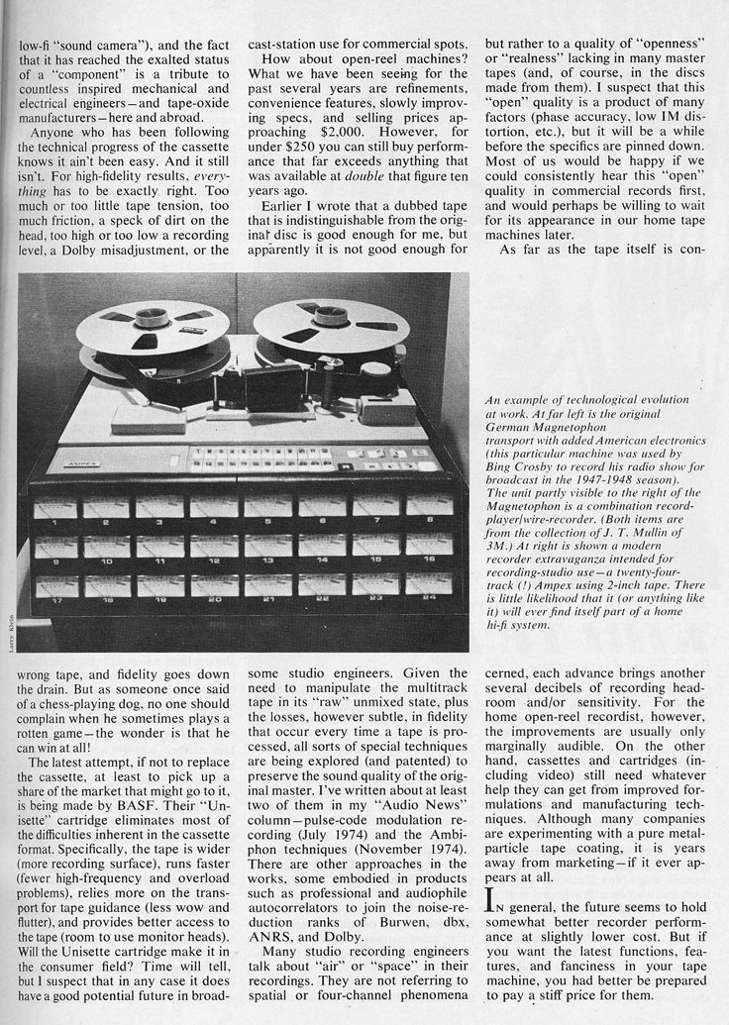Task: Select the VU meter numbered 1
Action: (55, 509)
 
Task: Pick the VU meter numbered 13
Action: (268, 546)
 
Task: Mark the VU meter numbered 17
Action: (55, 587)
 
